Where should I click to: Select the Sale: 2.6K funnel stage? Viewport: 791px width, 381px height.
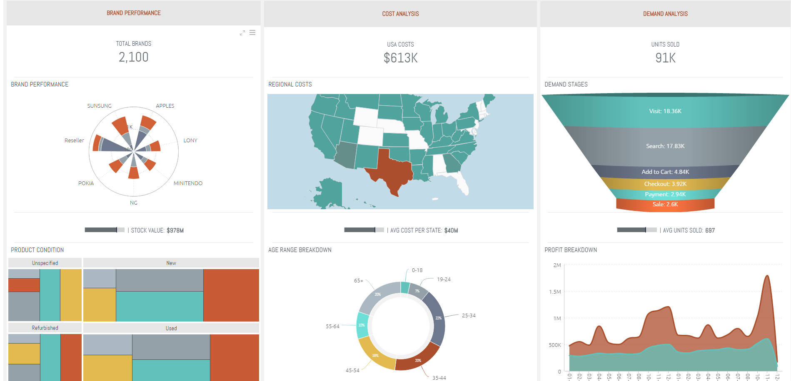tap(665, 204)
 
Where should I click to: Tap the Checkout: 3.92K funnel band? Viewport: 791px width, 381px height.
tap(665, 184)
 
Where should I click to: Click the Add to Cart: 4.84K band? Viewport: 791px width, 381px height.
tap(665, 172)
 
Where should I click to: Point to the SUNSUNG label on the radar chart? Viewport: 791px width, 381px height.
tap(99, 106)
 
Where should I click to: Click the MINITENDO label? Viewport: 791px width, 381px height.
tap(188, 183)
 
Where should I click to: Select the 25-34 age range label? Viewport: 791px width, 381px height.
tap(469, 316)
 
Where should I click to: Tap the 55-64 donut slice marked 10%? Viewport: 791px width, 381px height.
tap(362, 325)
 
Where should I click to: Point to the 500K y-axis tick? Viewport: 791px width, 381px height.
tap(555, 345)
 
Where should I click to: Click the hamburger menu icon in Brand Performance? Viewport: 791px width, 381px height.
tap(252, 32)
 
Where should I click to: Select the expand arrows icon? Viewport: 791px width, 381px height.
tap(242, 33)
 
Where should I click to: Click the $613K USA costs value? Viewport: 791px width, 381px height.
tap(400, 58)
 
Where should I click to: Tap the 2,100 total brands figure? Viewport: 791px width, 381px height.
tap(133, 57)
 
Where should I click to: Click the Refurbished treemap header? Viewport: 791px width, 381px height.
tap(45, 328)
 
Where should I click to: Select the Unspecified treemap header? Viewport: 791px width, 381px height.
tap(45, 263)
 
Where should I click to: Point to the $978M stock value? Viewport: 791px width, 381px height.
tap(175, 230)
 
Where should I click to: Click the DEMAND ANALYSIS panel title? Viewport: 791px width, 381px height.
tap(665, 14)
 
